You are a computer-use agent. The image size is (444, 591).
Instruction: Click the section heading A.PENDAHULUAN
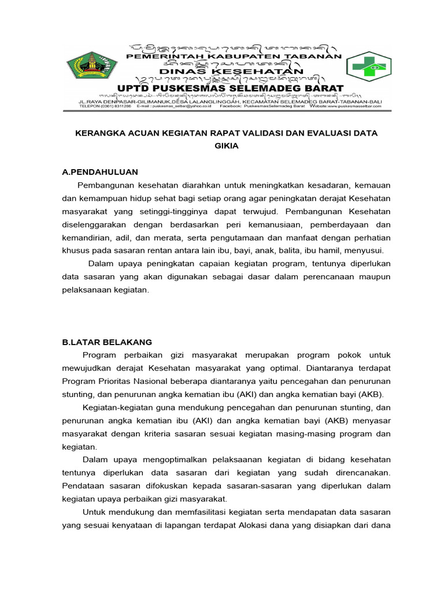(100, 172)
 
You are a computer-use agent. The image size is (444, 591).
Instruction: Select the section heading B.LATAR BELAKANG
(107, 342)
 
